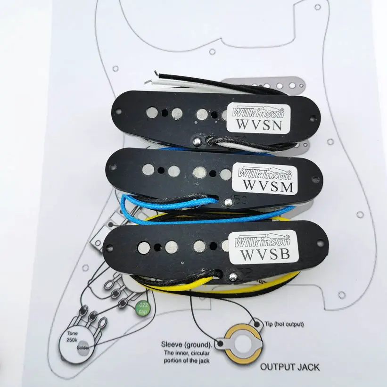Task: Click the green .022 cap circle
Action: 141,309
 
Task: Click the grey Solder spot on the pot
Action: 83,346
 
